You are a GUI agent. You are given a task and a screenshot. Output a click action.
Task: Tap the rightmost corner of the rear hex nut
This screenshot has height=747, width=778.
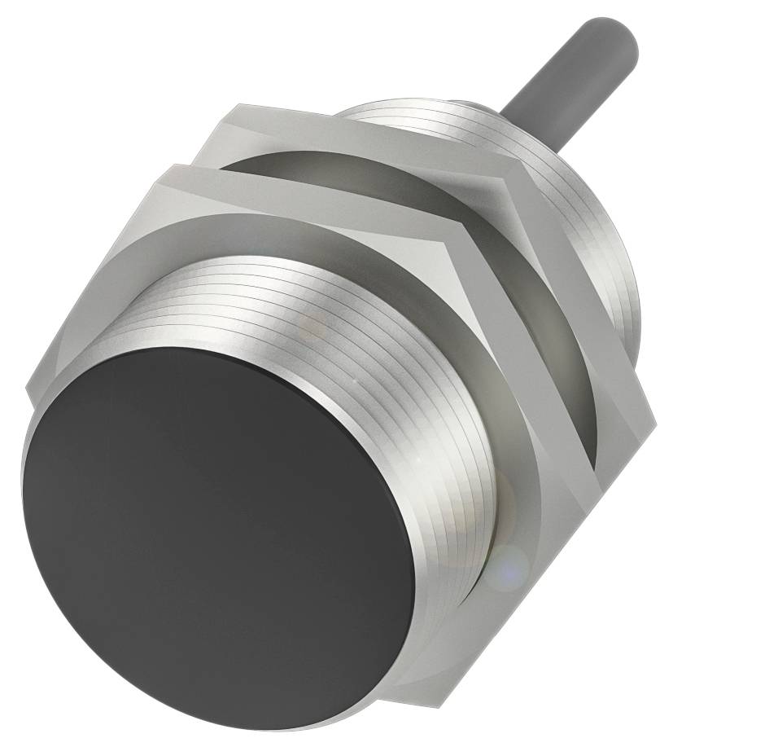pyautogui.click(x=656, y=415)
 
